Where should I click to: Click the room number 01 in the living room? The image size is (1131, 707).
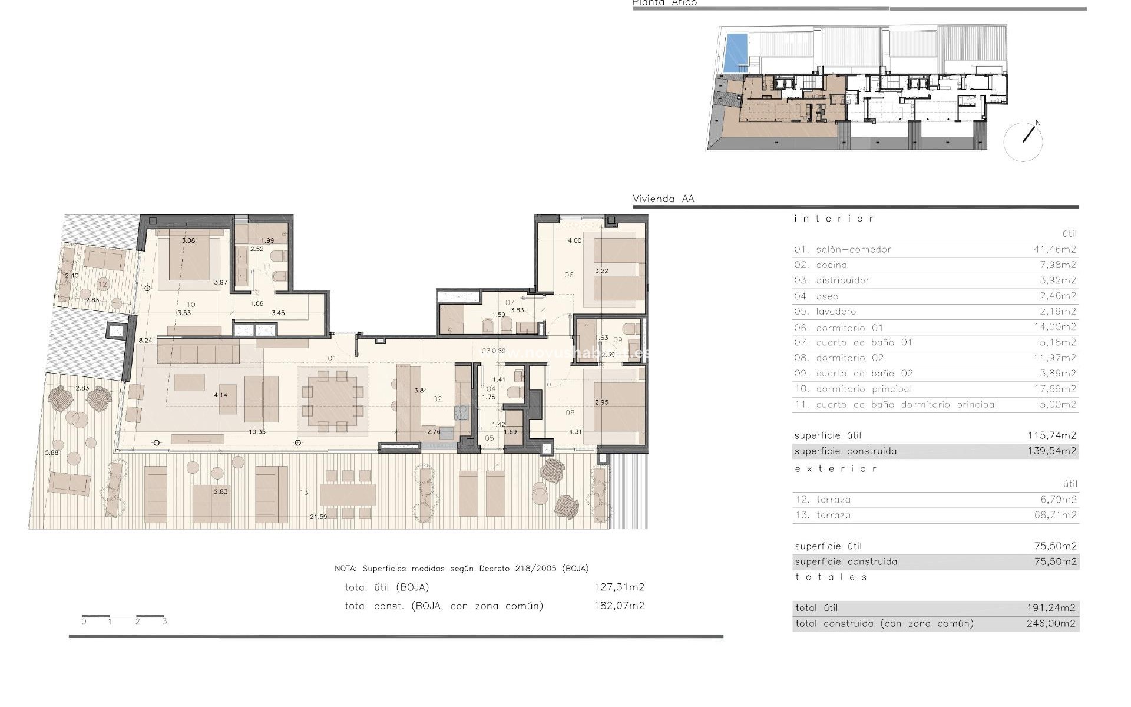pyautogui.click(x=332, y=358)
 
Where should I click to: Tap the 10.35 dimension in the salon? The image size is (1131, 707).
pyautogui.click(x=257, y=432)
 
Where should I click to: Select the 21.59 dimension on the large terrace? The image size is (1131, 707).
pyautogui.click(x=318, y=517)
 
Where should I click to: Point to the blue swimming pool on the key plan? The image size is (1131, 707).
pyautogui.click(x=735, y=52)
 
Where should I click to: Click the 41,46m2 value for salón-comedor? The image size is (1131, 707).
pyautogui.click(x=1054, y=249)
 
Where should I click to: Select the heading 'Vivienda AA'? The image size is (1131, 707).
pyautogui.click(x=663, y=199)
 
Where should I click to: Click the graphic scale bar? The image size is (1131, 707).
pyautogui.click(x=123, y=616)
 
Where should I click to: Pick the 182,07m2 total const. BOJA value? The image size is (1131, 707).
pyautogui.click(x=619, y=606)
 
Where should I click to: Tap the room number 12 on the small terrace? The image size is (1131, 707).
pyautogui.click(x=103, y=284)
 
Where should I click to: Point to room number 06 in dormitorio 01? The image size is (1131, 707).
pyautogui.click(x=568, y=275)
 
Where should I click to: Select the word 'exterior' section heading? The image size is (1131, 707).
pyautogui.click(x=835, y=469)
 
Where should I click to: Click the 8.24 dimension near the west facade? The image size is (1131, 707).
pyautogui.click(x=145, y=341)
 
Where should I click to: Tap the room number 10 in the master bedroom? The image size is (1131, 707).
pyautogui.click(x=190, y=305)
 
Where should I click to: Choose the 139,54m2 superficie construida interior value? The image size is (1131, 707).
pyautogui.click(x=1051, y=451)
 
